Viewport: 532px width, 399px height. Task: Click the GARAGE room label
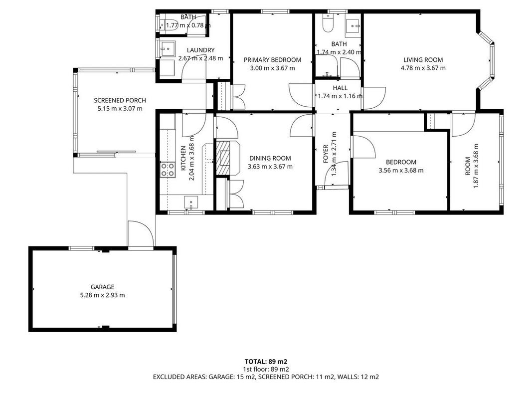coord(102,287)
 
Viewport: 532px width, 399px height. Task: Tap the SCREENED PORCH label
coord(120,100)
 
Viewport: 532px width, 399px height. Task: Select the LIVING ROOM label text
coord(423,60)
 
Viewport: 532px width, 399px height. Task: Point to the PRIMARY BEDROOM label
coord(272,60)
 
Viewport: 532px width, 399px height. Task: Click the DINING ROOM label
coord(270,158)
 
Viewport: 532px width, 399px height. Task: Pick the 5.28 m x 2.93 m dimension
coord(103,295)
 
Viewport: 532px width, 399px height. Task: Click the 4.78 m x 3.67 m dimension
coord(423,68)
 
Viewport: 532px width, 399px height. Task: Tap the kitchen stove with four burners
coord(168,170)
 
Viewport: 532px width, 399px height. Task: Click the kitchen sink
coord(191,202)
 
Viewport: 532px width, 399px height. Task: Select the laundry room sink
coord(168,49)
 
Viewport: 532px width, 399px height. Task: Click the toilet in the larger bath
coord(328,23)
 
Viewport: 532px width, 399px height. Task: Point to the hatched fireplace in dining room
coord(223,158)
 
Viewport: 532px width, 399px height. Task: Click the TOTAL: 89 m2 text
coord(266,362)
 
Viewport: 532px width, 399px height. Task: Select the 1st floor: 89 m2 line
coord(266,369)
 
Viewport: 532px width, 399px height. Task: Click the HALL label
coord(340,88)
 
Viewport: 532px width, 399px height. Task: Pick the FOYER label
coord(326,154)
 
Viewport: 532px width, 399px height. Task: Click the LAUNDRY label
coord(201,50)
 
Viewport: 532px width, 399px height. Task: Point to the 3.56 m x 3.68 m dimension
coord(401,170)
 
